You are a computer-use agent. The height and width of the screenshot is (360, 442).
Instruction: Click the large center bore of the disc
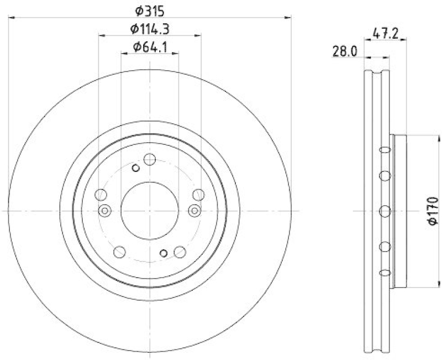(150, 211)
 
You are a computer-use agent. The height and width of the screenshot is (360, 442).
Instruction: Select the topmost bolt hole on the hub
(149, 160)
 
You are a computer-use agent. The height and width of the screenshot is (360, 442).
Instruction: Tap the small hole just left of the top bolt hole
(136, 168)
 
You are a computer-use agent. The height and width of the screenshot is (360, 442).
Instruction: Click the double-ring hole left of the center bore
(104, 210)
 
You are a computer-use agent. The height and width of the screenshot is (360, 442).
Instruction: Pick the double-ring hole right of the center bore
(194, 210)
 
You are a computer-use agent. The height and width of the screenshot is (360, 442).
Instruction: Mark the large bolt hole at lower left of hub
(119, 252)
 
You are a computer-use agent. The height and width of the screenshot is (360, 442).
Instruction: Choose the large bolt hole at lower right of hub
(179, 252)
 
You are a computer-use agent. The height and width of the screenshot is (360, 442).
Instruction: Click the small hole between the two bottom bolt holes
(163, 253)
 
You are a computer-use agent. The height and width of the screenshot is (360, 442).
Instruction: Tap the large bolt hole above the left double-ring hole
(101, 195)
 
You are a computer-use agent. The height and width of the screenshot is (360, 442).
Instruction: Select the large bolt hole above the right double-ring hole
(198, 195)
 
